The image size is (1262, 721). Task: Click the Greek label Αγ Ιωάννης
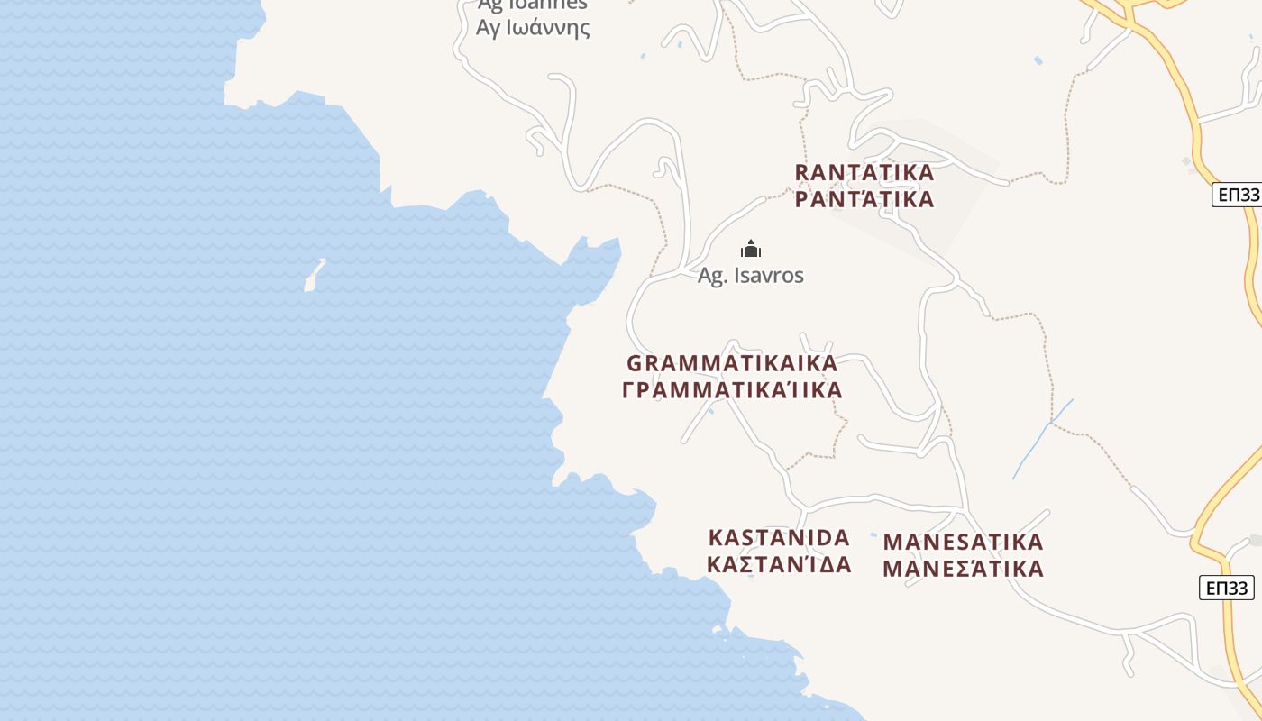(x=533, y=27)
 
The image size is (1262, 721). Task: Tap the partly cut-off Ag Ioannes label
(x=533, y=5)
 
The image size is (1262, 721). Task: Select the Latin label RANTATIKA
(x=864, y=171)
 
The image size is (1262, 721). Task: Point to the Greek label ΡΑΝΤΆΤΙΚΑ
(x=864, y=199)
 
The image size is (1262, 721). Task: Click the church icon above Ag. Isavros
(x=751, y=250)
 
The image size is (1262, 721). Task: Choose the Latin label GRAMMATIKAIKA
(x=732, y=363)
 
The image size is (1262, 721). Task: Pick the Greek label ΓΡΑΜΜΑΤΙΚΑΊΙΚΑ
(x=733, y=390)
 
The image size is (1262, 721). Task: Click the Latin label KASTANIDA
(x=780, y=538)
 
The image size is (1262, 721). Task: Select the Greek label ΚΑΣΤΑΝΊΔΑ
(x=780, y=565)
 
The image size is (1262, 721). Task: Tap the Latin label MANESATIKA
(x=963, y=542)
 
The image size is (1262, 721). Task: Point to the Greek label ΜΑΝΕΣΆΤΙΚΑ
(x=963, y=569)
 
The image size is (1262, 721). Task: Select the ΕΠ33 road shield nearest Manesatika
(x=1227, y=589)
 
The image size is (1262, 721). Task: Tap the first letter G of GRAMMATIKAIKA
(x=634, y=363)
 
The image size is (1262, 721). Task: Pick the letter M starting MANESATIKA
(x=893, y=542)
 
